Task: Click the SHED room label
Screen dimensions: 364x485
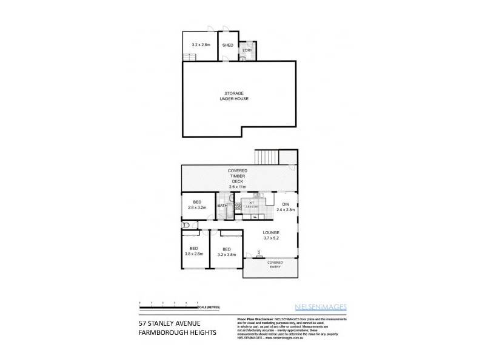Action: point(228,45)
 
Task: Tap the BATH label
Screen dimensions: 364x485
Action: point(222,206)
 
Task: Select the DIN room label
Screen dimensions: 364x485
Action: point(286,204)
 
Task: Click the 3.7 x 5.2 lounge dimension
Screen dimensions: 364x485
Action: point(270,239)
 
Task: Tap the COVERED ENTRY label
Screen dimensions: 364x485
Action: point(271,265)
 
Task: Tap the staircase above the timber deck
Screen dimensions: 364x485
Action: point(266,157)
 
